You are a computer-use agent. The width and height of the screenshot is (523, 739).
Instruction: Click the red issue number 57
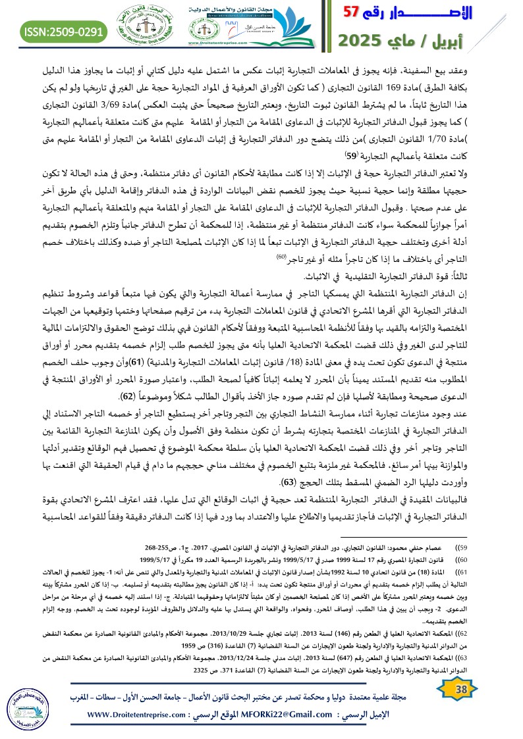[x=352, y=13]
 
